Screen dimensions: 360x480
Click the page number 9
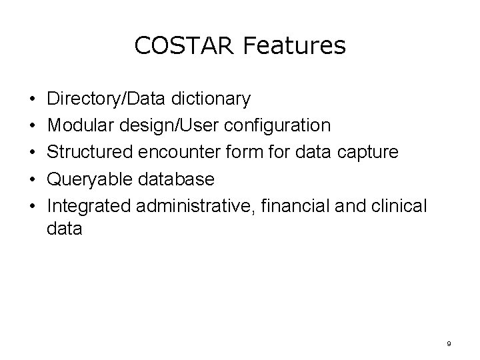[x=449, y=343]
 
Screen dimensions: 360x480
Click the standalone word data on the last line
[x=65, y=229]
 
